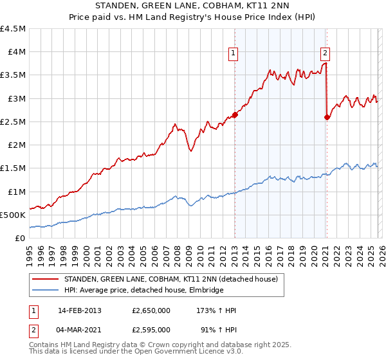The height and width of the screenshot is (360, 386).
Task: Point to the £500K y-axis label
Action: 13,215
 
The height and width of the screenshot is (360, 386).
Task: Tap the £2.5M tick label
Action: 13,122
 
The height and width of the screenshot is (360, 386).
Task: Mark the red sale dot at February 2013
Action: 235,115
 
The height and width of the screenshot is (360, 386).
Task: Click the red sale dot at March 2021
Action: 327,117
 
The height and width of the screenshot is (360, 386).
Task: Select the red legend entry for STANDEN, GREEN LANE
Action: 170,279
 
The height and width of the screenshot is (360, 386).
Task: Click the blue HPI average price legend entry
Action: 143,290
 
